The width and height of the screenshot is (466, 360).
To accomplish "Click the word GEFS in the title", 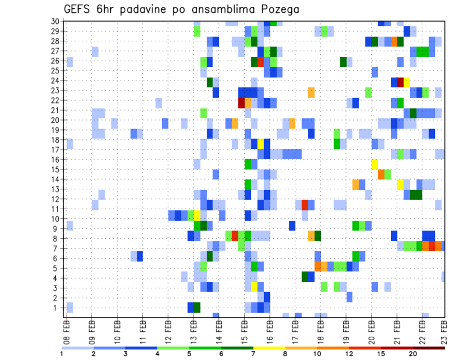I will (x=79, y=9).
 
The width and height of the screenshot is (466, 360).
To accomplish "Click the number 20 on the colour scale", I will (x=413, y=354).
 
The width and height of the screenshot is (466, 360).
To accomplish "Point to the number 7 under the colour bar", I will (x=253, y=354).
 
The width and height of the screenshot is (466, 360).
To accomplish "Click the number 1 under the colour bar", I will (x=62, y=354).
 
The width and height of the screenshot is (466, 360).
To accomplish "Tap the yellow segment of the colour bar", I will (x=269, y=347).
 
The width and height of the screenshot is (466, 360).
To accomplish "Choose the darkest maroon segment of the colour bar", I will (x=429, y=347).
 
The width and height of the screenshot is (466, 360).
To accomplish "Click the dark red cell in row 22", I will (x=241, y=103).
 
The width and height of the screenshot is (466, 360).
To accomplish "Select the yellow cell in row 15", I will (x=375, y=164).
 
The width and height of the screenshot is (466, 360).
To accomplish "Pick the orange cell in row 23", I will (x=311, y=92).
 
